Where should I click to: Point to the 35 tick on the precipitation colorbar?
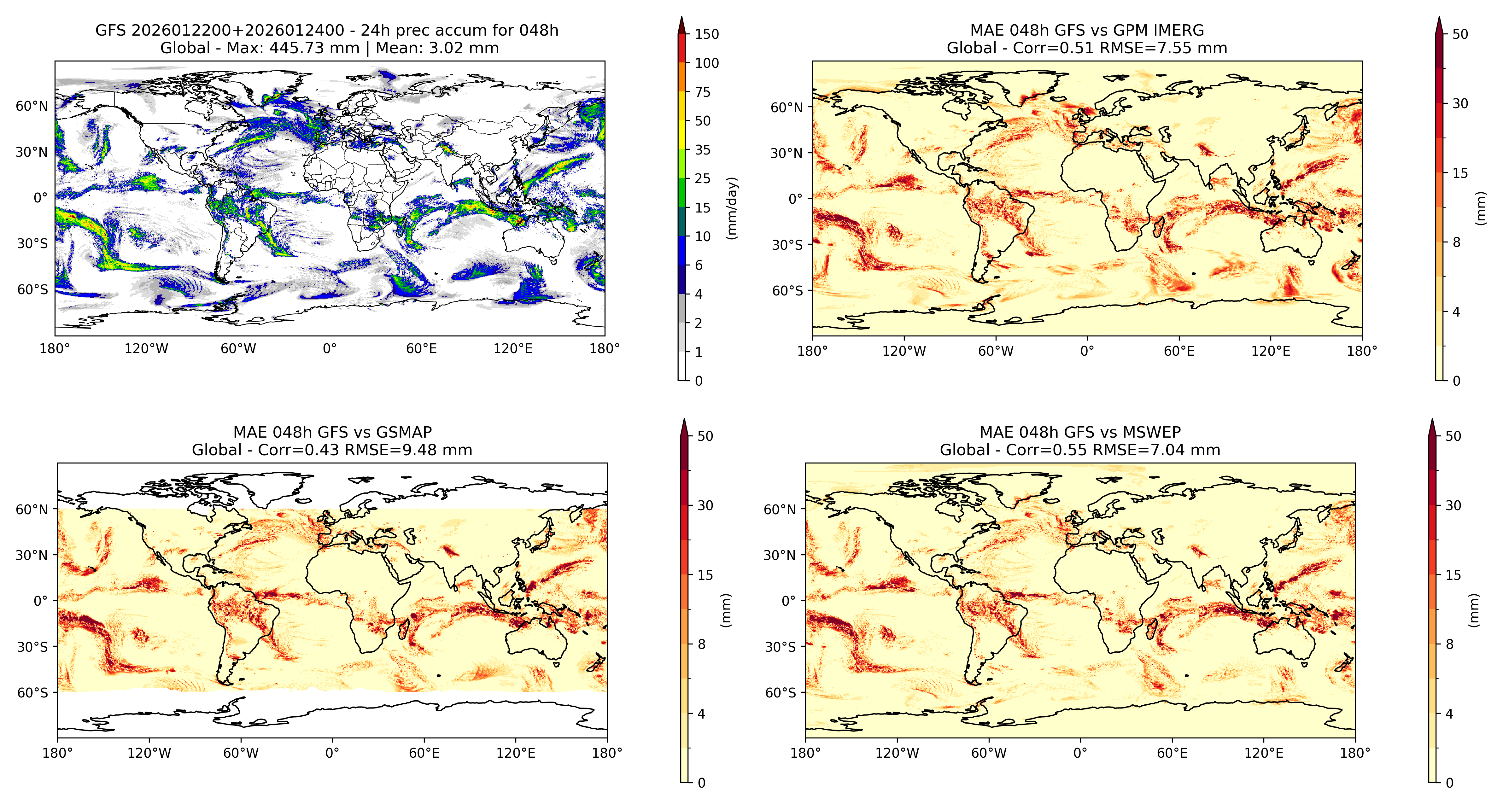pyautogui.click(x=703, y=150)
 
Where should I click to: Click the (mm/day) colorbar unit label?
pyautogui.click(x=732, y=208)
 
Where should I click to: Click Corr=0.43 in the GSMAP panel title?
pyautogui.click(x=299, y=450)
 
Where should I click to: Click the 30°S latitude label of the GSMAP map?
pyautogui.click(x=33, y=646)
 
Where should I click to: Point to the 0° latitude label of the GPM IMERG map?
pyautogui.click(x=796, y=199)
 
